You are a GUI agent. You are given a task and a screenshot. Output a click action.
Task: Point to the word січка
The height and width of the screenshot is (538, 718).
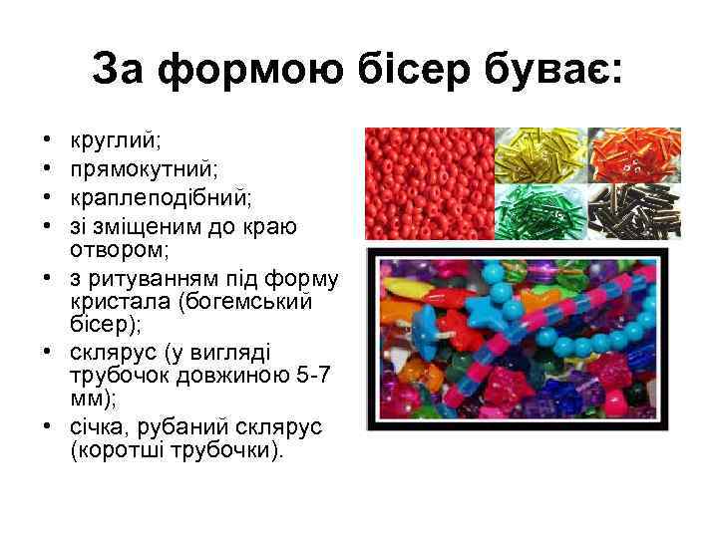99,426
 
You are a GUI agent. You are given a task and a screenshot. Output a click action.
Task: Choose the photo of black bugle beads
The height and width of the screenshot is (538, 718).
634,210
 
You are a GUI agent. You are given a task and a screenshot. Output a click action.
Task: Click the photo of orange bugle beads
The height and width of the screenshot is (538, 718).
634,153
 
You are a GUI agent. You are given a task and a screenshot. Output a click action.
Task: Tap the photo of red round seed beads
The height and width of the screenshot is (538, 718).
429,183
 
